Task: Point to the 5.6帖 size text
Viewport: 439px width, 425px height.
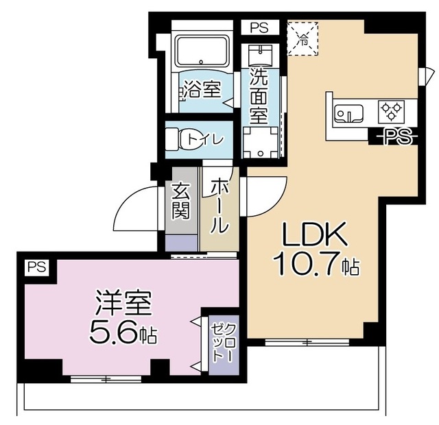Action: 123,334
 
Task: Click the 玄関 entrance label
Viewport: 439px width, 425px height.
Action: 180,199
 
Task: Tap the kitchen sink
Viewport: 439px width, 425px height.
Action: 348,112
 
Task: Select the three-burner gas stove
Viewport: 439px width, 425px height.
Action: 392,110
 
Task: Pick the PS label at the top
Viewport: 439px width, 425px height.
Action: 259,28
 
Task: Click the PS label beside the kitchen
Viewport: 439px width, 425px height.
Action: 394,136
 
